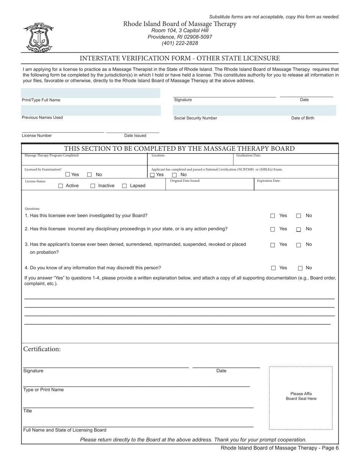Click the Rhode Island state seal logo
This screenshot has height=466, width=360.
pyautogui.click(x=38, y=38)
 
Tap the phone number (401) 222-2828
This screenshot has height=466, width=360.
pyautogui.click(x=180, y=43)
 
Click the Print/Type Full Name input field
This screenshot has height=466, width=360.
pyautogui.click(x=91, y=93)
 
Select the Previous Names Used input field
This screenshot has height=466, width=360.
pyautogui.click(x=91, y=110)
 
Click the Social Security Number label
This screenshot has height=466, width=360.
pyautogui.click(x=196, y=118)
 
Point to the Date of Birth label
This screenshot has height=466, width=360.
pyautogui.click(x=302, y=118)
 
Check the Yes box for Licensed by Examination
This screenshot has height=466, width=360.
pyautogui.click(x=68, y=175)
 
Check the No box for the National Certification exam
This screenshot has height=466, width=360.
pyautogui.click(x=175, y=175)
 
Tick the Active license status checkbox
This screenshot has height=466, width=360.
pyautogui.click(x=61, y=186)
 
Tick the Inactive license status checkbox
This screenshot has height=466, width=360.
pyautogui.click(x=93, y=186)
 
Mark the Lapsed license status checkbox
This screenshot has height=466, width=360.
pyautogui.click(x=124, y=186)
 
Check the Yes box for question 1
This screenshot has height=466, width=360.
pyautogui.click(x=272, y=216)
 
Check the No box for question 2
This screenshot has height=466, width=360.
pyautogui.click(x=299, y=230)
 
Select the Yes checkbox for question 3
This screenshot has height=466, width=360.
pyautogui.click(x=272, y=245)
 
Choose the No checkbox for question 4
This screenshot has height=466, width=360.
pyautogui.click(x=300, y=268)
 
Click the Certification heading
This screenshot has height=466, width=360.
pyautogui.click(x=42, y=349)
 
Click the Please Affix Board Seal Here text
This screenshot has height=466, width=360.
pyautogui.click(x=301, y=396)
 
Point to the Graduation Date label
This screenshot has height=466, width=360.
pyautogui.click(x=248, y=155)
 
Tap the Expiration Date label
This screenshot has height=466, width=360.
pyautogui.click(x=269, y=181)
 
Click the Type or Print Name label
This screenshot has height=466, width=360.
pyautogui.click(x=44, y=390)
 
